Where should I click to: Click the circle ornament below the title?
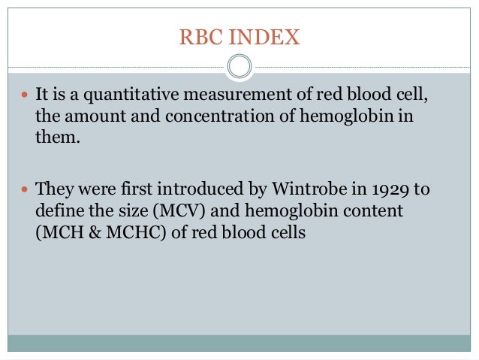239,67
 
